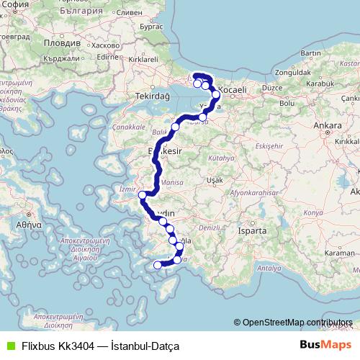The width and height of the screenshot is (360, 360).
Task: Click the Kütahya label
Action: [216, 156]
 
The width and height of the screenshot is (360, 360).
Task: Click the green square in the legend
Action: [9, 346]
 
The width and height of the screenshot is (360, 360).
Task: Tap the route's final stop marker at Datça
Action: [158, 265]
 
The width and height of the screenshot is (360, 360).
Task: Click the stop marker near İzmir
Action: [143, 194]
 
